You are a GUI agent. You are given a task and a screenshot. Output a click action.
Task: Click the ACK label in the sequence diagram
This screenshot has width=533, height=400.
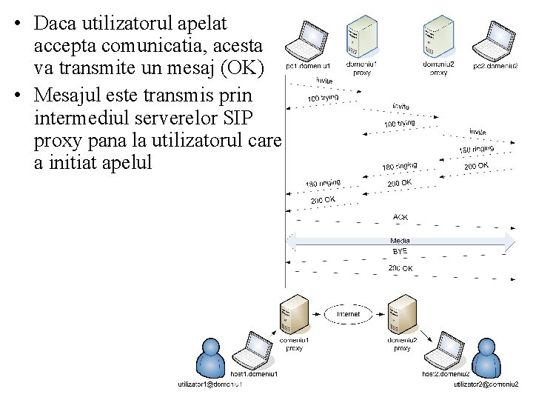click(400, 217)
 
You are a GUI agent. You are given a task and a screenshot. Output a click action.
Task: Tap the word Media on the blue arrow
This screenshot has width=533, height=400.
click(400, 241)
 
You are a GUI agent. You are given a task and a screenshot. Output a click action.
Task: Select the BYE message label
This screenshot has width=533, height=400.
click(400, 252)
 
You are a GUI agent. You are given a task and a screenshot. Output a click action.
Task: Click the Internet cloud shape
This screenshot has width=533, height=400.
click(348, 314)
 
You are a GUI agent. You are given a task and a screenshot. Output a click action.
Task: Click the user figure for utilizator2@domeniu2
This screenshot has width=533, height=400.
click(486, 357)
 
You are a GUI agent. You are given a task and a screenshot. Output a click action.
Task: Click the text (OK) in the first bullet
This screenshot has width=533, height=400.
click(241, 69)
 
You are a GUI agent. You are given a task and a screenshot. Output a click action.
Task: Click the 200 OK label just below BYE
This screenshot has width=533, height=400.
click(400, 268)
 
